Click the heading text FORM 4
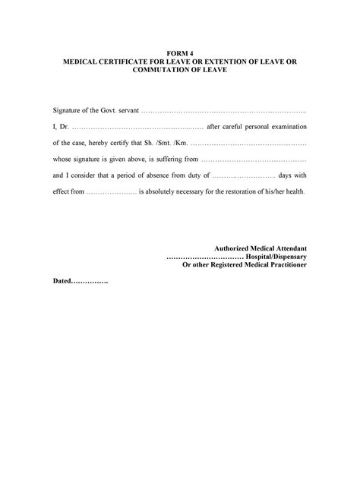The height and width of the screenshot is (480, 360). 180,52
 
